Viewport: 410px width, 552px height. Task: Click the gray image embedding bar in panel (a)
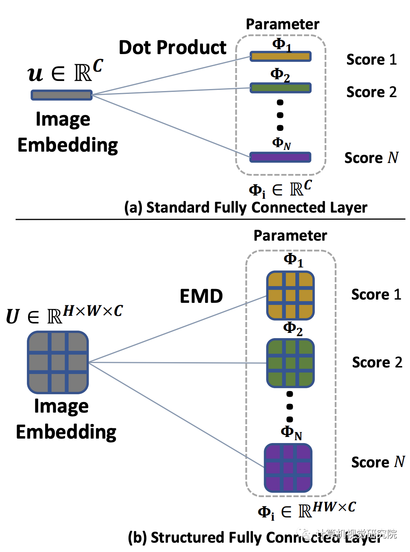pyautogui.click(x=62, y=95)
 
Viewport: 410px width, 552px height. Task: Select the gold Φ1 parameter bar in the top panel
pyautogui.click(x=280, y=56)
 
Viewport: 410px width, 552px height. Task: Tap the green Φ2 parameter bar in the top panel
pyautogui.click(x=280, y=88)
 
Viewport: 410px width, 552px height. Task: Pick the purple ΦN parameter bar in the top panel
pyautogui.click(x=280, y=157)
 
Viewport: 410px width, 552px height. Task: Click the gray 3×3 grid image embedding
pyautogui.click(x=58, y=362)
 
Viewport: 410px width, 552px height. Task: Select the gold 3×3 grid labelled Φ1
pyautogui.click(x=290, y=296)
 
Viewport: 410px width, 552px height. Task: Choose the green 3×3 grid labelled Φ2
pyautogui.click(x=290, y=363)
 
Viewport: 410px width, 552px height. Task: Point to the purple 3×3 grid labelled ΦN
pyautogui.click(x=288, y=467)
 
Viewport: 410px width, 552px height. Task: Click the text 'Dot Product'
pyautogui.click(x=172, y=48)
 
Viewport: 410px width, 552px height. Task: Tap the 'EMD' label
pyautogui.click(x=201, y=296)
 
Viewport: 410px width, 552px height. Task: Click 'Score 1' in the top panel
pyautogui.click(x=371, y=60)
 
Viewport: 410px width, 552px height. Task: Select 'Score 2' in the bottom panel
pyautogui.click(x=377, y=362)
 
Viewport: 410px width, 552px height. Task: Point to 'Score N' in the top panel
pyautogui.click(x=371, y=158)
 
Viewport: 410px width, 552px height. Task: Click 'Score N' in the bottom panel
pyautogui.click(x=378, y=462)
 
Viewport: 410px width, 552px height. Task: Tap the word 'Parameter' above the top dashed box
pyautogui.click(x=283, y=24)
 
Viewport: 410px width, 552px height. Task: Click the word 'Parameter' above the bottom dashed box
pyautogui.click(x=290, y=236)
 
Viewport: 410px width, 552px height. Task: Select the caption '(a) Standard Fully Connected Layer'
pyautogui.click(x=246, y=207)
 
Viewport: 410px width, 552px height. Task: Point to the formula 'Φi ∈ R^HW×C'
pyautogui.click(x=307, y=511)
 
